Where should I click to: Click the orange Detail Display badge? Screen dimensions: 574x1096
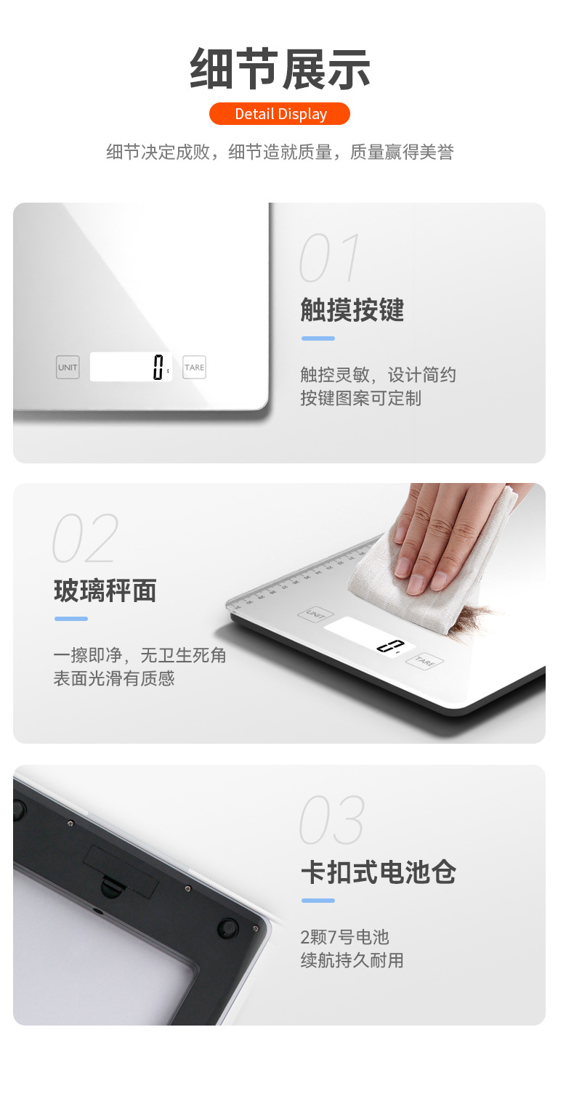tap(280, 113)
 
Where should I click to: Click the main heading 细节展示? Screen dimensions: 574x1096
tap(280, 69)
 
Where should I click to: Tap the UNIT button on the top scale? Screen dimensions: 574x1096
tap(68, 367)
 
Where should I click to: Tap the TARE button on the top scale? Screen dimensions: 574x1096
tap(194, 367)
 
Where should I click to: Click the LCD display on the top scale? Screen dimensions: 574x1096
tap(131, 367)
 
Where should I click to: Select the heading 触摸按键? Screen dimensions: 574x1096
tap(352, 309)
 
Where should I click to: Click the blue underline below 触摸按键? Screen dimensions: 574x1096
tap(318, 338)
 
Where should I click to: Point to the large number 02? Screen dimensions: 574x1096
tap(86, 537)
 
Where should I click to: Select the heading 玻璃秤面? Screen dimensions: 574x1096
tap(105, 590)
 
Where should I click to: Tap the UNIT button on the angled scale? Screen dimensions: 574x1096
tap(315, 614)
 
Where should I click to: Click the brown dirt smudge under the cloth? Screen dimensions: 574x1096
tap(472, 619)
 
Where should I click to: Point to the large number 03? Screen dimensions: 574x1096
tap(332, 819)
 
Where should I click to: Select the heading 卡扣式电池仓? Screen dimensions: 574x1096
tap(379, 872)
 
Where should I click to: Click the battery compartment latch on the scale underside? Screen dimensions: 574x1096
tap(112, 887)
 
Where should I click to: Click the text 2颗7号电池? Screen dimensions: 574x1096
tap(345, 937)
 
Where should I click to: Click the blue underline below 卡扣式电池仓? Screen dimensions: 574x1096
tap(318, 901)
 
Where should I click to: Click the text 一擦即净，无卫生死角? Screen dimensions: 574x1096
tap(140, 655)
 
